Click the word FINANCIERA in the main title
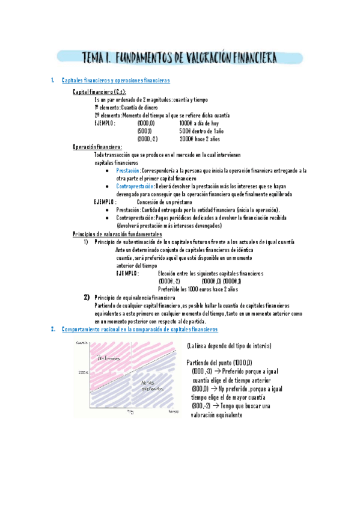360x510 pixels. [x=246, y=58]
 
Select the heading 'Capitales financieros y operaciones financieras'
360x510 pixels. [x=115, y=81]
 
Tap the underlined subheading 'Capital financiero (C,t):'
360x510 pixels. [x=99, y=91]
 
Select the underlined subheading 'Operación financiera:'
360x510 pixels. [x=97, y=147]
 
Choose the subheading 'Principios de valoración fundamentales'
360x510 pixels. [x=117, y=233]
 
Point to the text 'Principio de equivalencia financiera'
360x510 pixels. [x=135, y=297]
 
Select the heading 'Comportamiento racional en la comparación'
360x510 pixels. [x=139, y=330]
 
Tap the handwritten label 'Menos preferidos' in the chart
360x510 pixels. [x=151, y=386]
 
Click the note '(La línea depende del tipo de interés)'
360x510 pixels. [x=228, y=346]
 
